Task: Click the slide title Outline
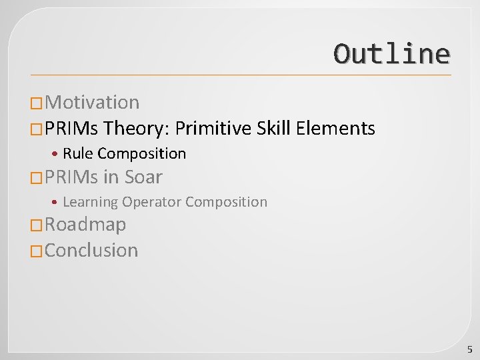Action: (x=391, y=54)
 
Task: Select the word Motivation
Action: (x=93, y=103)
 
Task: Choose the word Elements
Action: (x=335, y=128)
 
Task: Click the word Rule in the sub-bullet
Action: (x=78, y=154)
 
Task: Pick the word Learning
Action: (x=90, y=202)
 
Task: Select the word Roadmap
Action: (x=85, y=225)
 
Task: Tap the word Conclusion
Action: (x=91, y=251)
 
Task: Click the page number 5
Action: (x=469, y=349)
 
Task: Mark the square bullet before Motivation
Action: (x=37, y=103)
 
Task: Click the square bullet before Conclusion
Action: (x=37, y=251)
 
